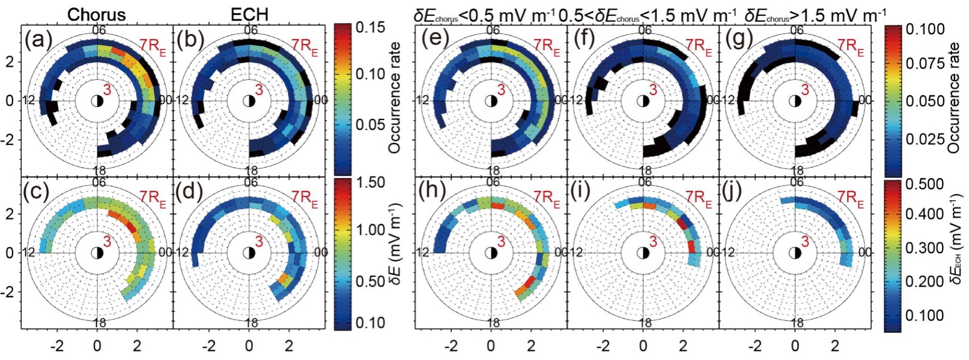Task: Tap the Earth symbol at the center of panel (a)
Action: [x=97, y=101]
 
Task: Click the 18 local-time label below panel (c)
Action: [x=98, y=322]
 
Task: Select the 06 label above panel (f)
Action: [x=644, y=30]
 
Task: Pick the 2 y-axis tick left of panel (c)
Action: [x=10, y=214]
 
